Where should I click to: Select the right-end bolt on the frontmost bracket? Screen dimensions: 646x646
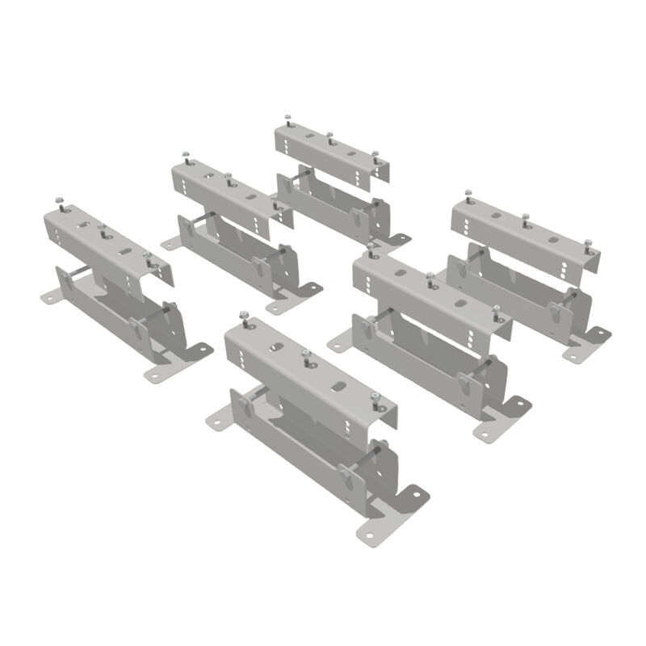point(375,396)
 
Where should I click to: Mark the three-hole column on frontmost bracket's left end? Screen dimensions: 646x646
point(240,350)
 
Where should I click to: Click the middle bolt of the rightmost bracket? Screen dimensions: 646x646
point(526,217)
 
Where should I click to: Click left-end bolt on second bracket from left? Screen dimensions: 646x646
point(185,153)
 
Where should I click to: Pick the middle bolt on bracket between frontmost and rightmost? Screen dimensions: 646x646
point(430,278)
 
